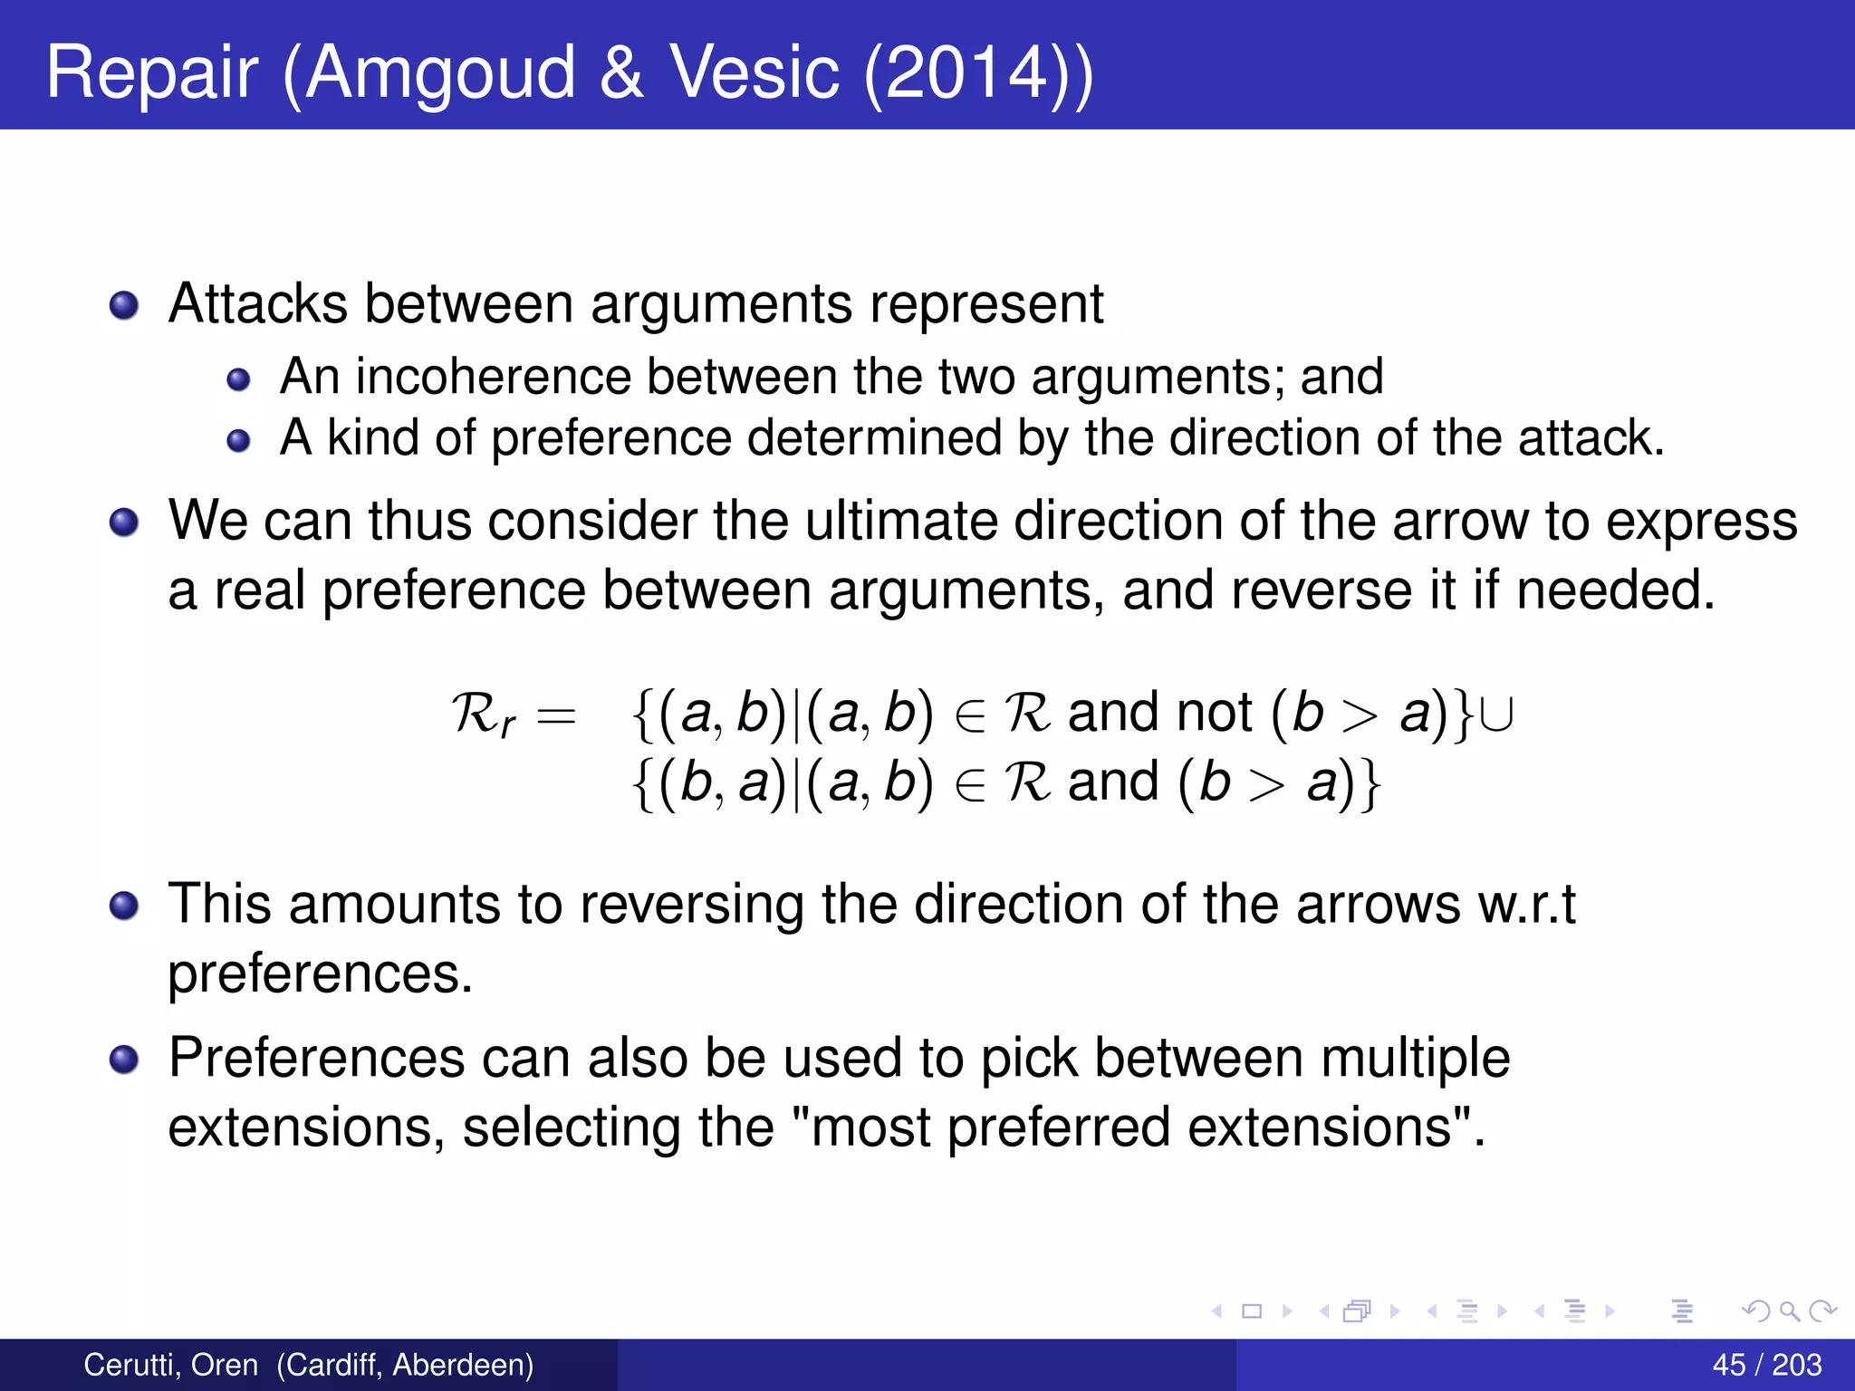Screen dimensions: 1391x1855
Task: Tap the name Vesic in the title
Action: (x=754, y=72)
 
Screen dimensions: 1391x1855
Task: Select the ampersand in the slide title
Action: (x=621, y=72)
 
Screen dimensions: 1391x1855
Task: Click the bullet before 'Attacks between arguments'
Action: (x=124, y=305)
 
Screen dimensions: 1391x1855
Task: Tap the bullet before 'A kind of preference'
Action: (x=238, y=441)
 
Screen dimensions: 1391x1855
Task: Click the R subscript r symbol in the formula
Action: (x=483, y=715)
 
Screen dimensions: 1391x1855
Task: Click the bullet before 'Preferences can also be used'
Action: (x=124, y=1059)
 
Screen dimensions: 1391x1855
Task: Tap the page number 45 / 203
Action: (x=1766, y=1365)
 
